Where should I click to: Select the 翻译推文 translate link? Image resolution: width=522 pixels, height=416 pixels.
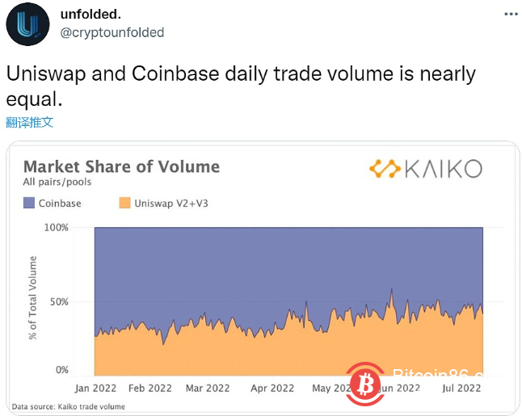pyautogui.click(x=30, y=122)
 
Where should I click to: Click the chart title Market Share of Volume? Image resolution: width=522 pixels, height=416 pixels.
pyautogui.click(x=121, y=166)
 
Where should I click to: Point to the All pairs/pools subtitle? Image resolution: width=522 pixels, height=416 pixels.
pyautogui.click(x=57, y=183)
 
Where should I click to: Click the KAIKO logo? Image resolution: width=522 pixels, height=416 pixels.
pyautogui.click(x=425, y=168)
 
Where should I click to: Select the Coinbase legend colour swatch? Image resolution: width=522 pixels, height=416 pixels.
pyautogui.click(x=29, y=204)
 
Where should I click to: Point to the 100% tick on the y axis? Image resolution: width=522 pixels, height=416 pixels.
pyautogui.click(x=55, y=228)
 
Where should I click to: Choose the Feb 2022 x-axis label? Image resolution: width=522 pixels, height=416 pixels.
pyautogui.click(x=150, y=388)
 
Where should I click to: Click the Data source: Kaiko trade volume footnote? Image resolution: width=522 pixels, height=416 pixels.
pyautogui.click(x=68, y=406)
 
